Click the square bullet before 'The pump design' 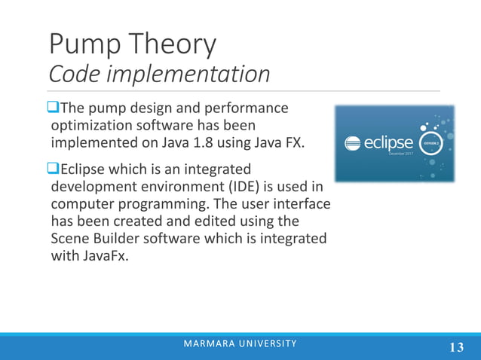click(53, 107)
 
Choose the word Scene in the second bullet click(70, 238)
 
